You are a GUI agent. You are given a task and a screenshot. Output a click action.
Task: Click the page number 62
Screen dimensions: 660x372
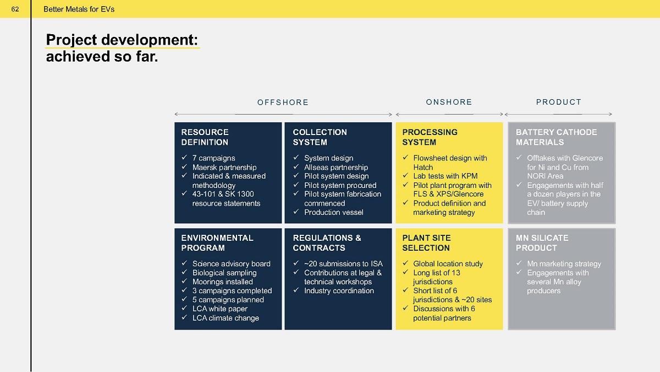click(15, 9)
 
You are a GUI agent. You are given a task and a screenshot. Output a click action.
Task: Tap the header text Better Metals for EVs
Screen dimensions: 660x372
click(79, 9)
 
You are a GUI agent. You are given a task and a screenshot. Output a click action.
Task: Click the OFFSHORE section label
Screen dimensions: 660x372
click(283, 102)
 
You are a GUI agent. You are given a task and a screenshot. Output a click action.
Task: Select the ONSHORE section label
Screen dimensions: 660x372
click(449, 102)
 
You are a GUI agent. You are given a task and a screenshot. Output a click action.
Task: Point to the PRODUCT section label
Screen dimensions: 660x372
click(559, 102)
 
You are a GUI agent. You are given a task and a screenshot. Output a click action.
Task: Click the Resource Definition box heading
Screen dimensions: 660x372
click(205, 137)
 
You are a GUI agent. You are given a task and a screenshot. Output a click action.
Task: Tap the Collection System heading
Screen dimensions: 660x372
click(320, 137)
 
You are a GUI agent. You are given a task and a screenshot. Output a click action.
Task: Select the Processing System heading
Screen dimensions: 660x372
click(430, 137)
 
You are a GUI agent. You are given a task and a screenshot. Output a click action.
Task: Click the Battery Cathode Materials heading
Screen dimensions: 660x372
click(556, 137)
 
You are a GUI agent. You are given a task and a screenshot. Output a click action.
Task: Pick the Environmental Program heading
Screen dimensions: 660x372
click(217, 242)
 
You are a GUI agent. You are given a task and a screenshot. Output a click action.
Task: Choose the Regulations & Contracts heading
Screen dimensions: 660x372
click(327, 242)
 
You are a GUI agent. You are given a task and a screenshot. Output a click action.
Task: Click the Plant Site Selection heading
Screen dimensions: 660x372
click(426, 242)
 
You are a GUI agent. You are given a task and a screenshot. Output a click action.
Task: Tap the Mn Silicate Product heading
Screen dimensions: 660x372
click(542, 242)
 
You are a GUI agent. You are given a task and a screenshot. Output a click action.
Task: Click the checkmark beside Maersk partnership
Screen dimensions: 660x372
click(184, 167)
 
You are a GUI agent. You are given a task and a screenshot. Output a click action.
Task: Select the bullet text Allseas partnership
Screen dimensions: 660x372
click(336, 168)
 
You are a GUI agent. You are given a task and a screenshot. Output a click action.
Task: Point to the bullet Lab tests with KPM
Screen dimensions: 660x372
click(445, 176)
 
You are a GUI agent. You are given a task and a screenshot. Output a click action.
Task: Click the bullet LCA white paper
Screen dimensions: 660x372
click(220, 309)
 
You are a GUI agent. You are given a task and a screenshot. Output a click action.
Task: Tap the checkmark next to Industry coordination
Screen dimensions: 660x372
click(296, 290)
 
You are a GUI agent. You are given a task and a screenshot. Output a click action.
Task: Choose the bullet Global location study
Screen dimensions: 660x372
click(448, 263)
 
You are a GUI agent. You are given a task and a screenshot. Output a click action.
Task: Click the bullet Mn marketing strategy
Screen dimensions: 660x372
click(564, 264)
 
